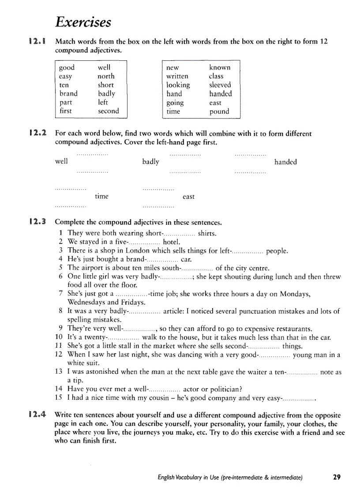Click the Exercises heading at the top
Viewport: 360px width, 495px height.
(x=83, y=22)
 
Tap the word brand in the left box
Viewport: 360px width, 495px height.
(x=68, y=93)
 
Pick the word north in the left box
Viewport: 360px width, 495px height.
(x=106, y=76)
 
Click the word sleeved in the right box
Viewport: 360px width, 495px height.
(x=220, y=85)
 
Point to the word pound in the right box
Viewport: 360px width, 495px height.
(x=219, y=112)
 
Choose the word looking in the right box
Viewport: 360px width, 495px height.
(x=178, y=85)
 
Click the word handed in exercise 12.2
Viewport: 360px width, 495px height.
(x=285, y=162)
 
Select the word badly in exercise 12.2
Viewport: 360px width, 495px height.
(x=150, y=162)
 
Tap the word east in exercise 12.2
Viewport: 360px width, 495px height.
(x=188, y=197)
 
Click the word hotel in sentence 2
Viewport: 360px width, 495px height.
(x=172, y=242)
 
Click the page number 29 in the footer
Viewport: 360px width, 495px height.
(x=337, y=477)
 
